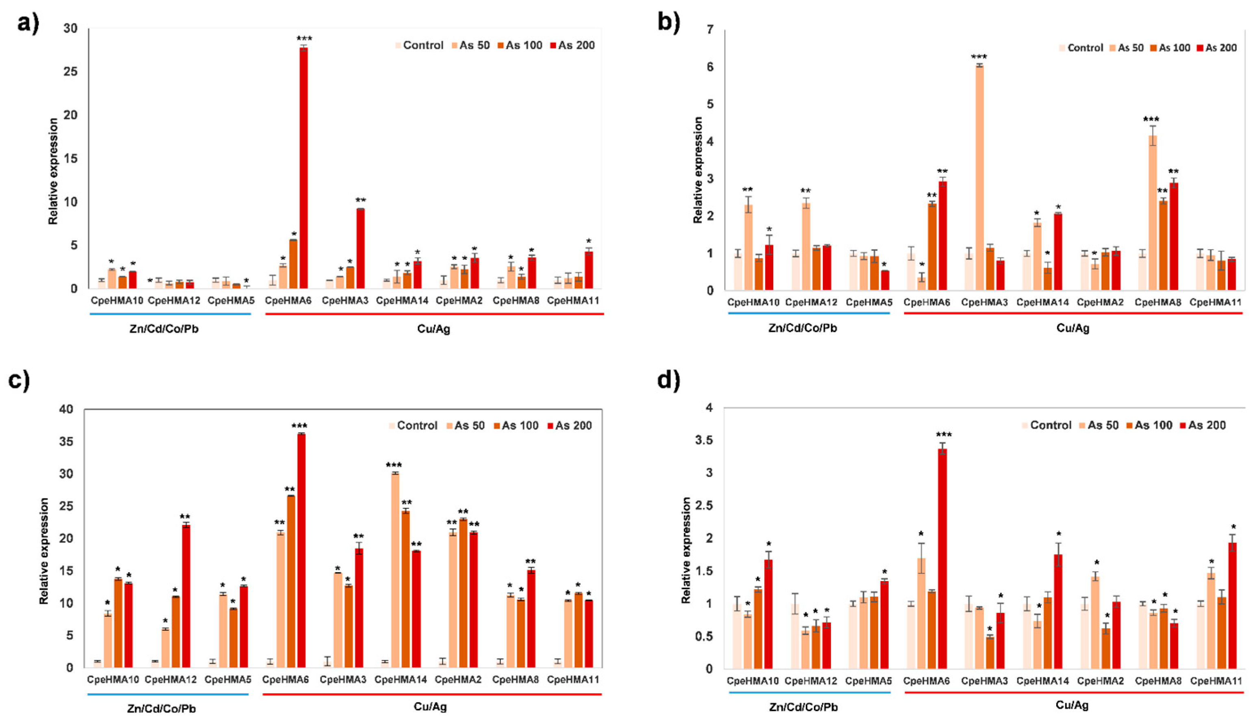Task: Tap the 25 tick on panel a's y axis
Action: (x=71, y=72)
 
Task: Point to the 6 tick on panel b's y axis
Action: (x=710, y=67)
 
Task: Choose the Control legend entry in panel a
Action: (x=419, y=46)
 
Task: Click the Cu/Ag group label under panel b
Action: (x=1073, y=328)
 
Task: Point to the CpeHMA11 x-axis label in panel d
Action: (x=1215, y=681)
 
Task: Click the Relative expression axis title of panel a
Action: (x=53, y=171)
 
